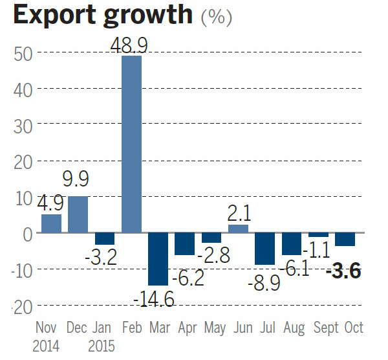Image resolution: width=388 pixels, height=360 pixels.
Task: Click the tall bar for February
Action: click(131, 144)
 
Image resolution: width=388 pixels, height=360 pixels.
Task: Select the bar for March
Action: click(158, 258)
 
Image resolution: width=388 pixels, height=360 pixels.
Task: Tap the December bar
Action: click(78, 214)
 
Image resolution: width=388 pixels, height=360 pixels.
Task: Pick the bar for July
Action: click(265, 248)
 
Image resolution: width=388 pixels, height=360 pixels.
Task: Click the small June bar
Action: click(238, 229)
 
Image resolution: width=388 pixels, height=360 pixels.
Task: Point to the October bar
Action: click(345, 239)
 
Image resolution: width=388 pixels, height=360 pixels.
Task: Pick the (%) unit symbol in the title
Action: click(217, 18)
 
